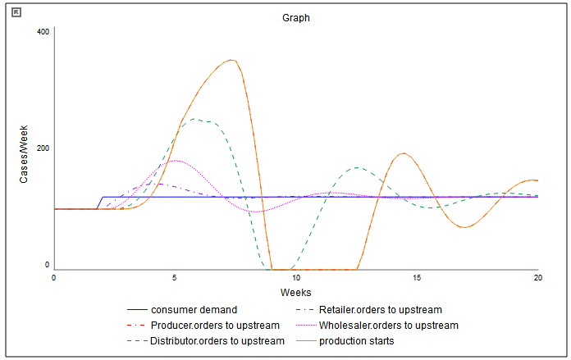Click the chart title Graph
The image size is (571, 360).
[295, 16]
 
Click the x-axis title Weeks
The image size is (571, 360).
[295, 293]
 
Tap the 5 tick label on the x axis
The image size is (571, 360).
[175, 279]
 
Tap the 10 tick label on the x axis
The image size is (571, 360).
[296, 279]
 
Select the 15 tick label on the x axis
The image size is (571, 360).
[417, 279]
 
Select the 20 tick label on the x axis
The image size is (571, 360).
[537, 279]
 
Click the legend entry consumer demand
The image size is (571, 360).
[194, 310]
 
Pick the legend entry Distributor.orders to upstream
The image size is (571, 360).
[217, 340]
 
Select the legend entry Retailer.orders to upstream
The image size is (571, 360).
[380, 310]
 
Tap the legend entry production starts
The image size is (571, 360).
[357, 340]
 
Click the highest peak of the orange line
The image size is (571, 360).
[232, 60]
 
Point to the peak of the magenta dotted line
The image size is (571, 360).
[175, 161]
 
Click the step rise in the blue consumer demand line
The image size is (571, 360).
[100, 203]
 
